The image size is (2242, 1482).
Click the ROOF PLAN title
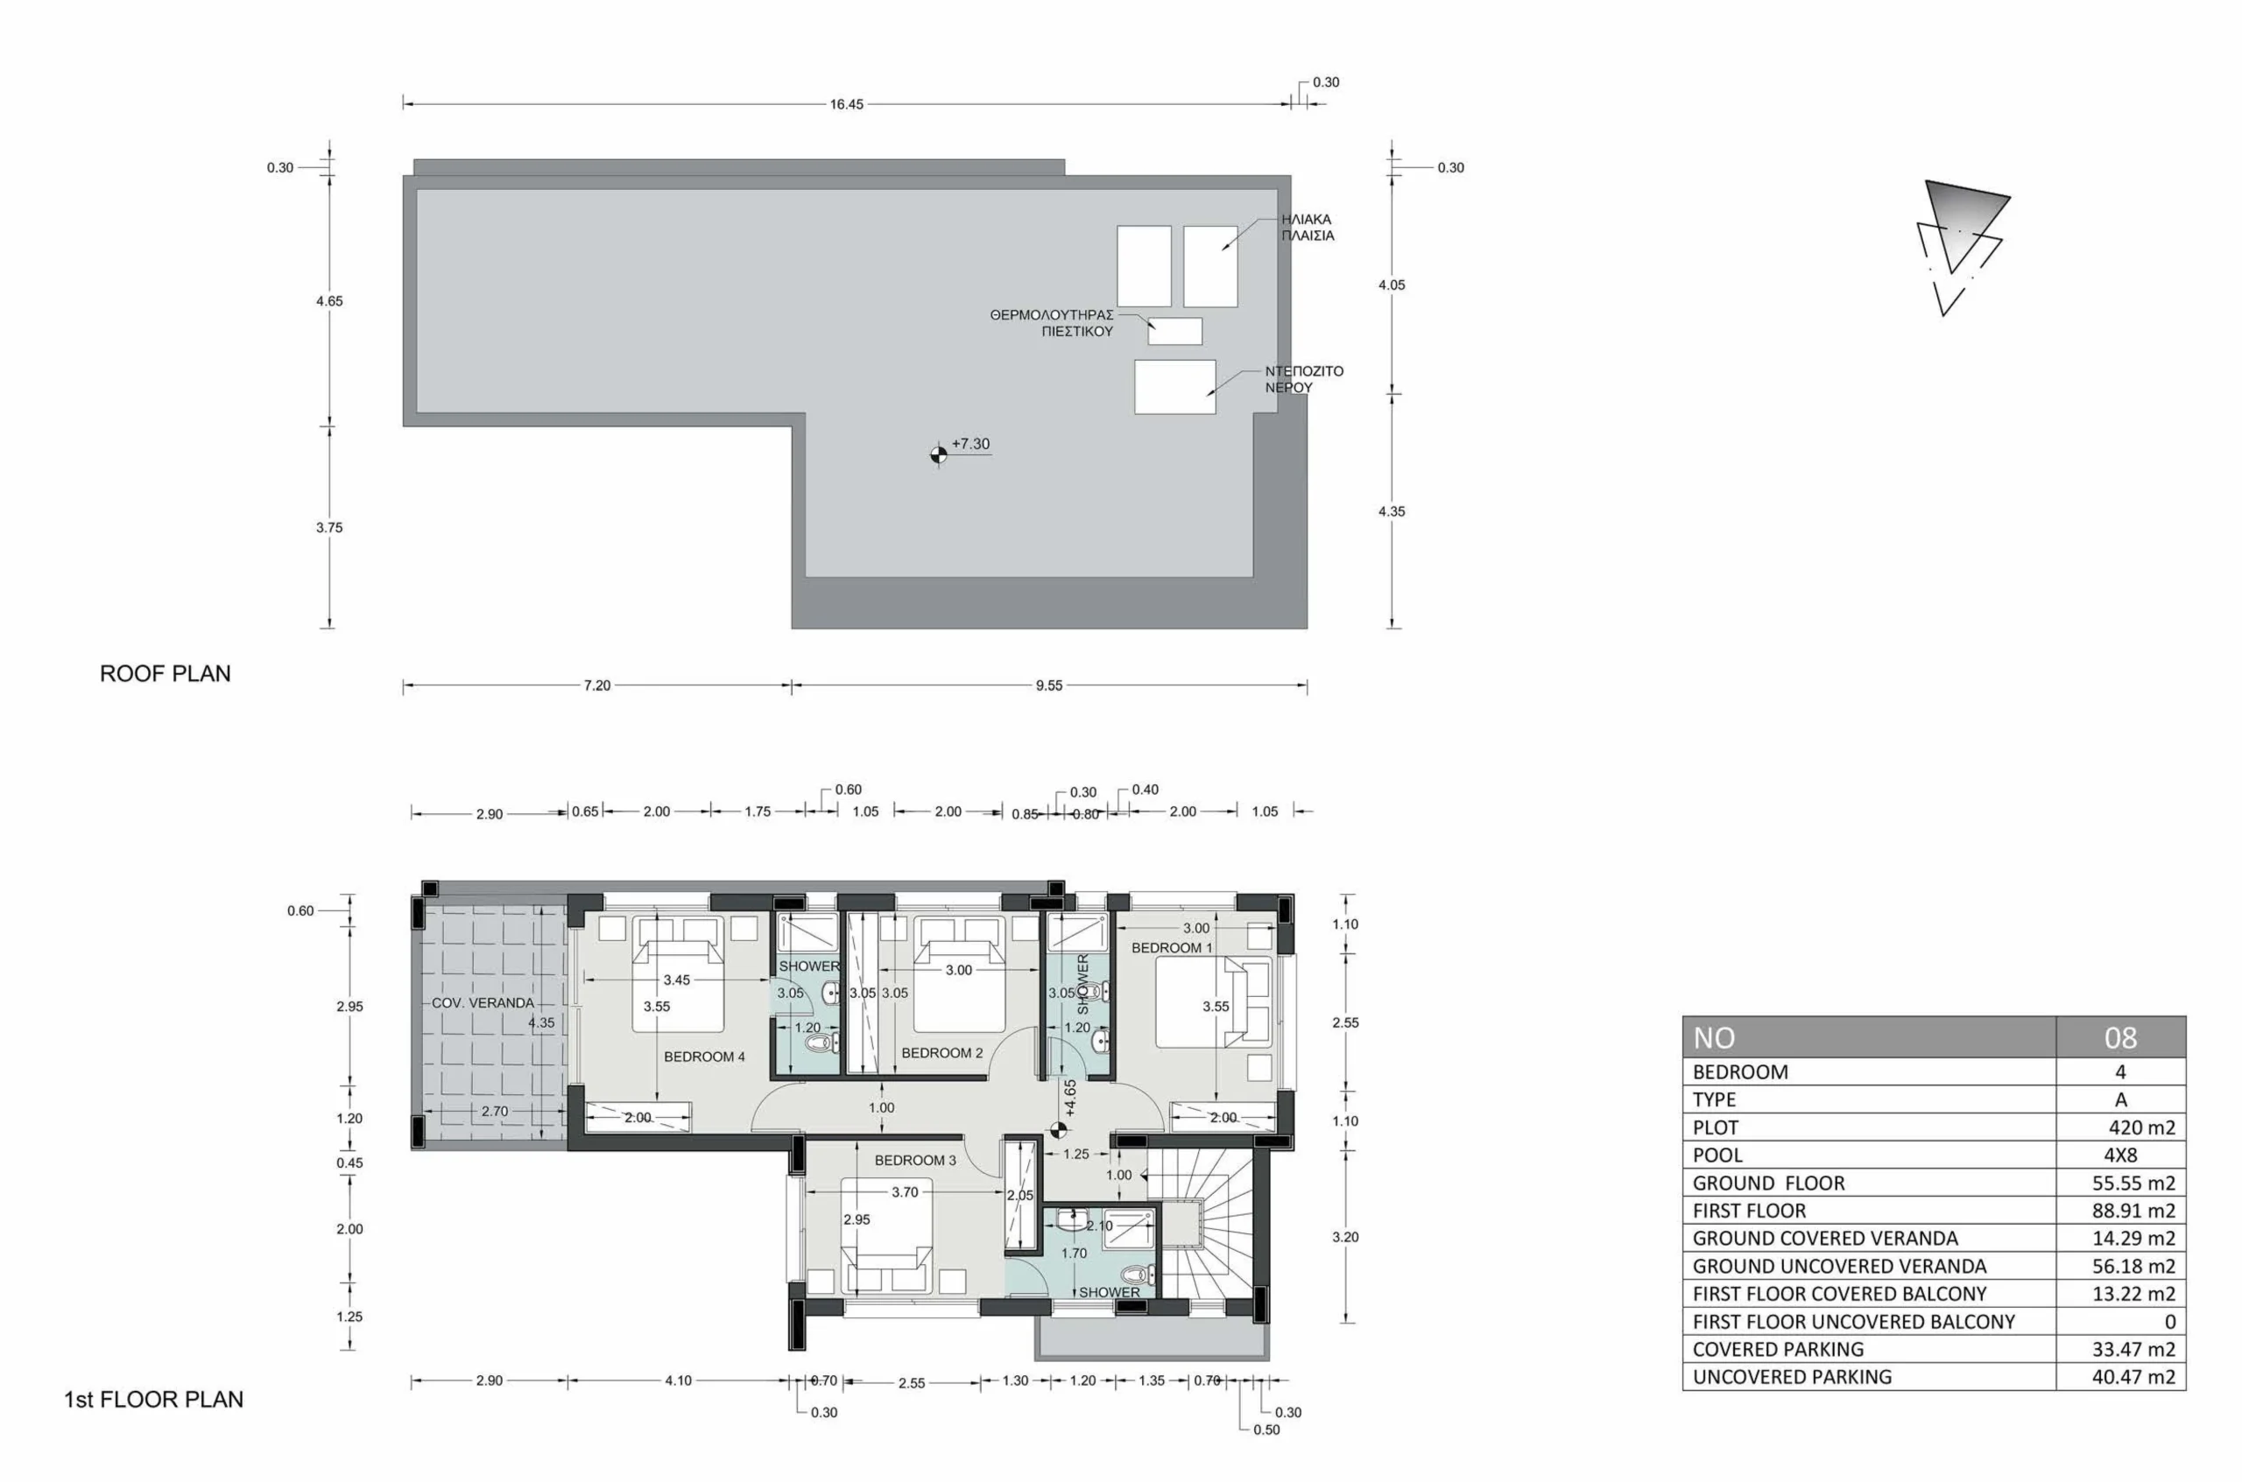[166, 674]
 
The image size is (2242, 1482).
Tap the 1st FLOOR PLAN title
[153, 1400]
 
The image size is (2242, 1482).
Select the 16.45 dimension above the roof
[846, 104]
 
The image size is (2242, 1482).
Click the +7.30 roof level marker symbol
[938, 454]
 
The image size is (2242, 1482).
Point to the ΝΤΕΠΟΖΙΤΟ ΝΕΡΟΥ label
[1304, 379]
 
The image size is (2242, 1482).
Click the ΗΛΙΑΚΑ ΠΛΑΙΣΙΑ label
[1308, 227]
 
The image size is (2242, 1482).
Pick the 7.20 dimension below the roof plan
[596, 685]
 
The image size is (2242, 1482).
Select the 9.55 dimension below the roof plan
[1048, 685]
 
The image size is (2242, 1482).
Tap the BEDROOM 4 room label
[704, 1057]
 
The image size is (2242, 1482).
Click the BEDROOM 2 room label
[941, 1053]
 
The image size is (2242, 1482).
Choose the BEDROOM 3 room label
[915, 1161]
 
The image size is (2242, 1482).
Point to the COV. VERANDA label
[483, 1003]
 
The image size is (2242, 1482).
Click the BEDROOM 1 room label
[1173, 948]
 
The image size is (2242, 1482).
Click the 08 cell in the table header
[2121, 1038]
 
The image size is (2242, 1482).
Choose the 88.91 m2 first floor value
[2134, 1211]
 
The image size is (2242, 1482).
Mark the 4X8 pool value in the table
[2121, 1155]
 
